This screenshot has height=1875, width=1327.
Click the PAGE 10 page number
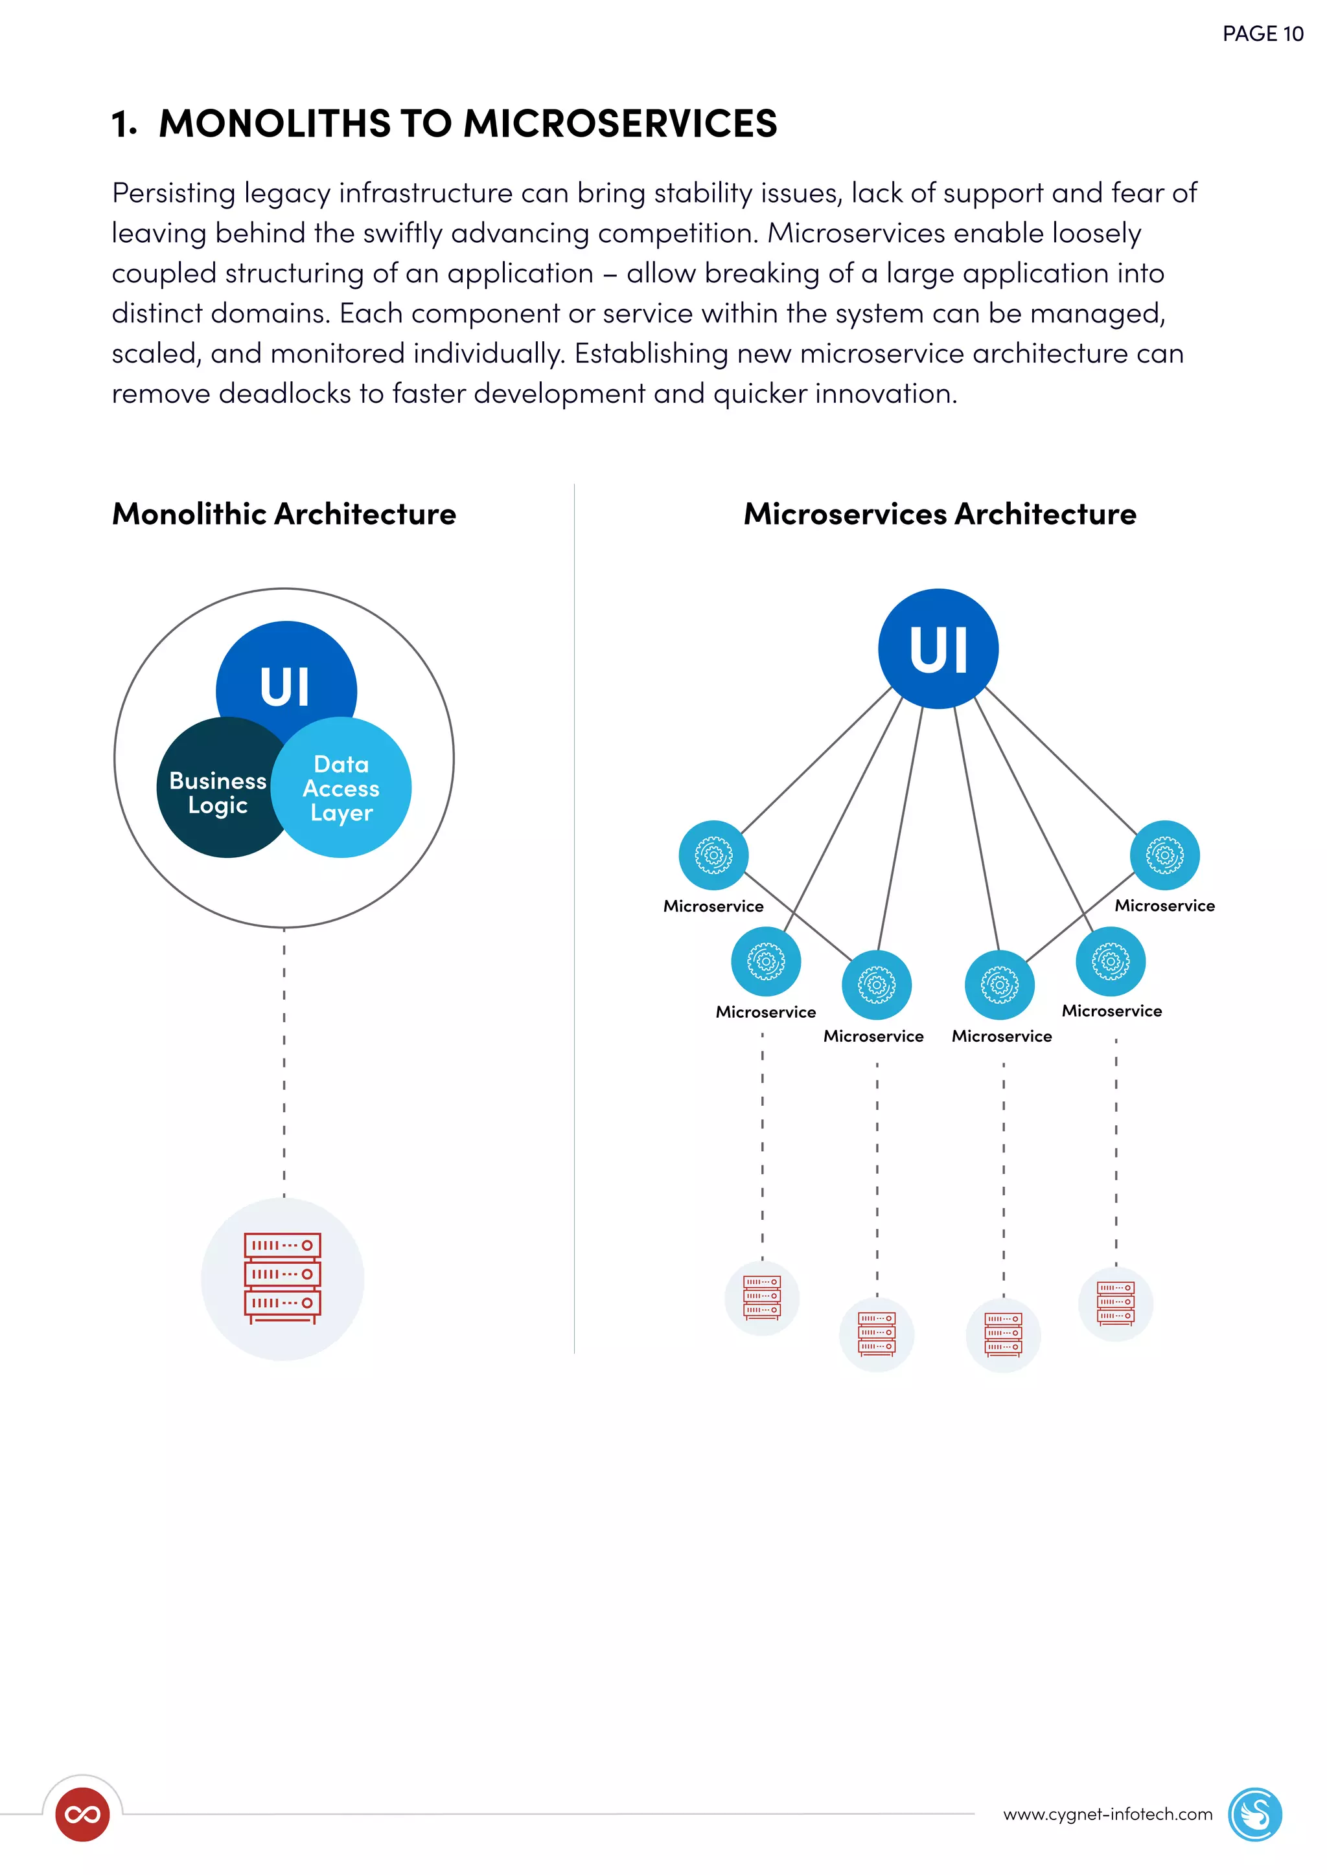point(1262,34)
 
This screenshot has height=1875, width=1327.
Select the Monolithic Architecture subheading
point(284,513)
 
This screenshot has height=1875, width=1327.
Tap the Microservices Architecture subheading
point(939,513)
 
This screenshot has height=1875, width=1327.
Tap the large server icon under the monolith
point(283,1278)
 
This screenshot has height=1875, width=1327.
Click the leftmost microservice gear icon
point(713,855)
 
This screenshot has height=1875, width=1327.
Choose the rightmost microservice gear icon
point(1164,855)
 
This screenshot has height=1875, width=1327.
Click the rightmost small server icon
point(1115,1303)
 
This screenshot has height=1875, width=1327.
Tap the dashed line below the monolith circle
point(284,1062)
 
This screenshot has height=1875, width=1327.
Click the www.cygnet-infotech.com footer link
point(1107,1813)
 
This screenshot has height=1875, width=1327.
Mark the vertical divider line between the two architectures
point(575,915)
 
